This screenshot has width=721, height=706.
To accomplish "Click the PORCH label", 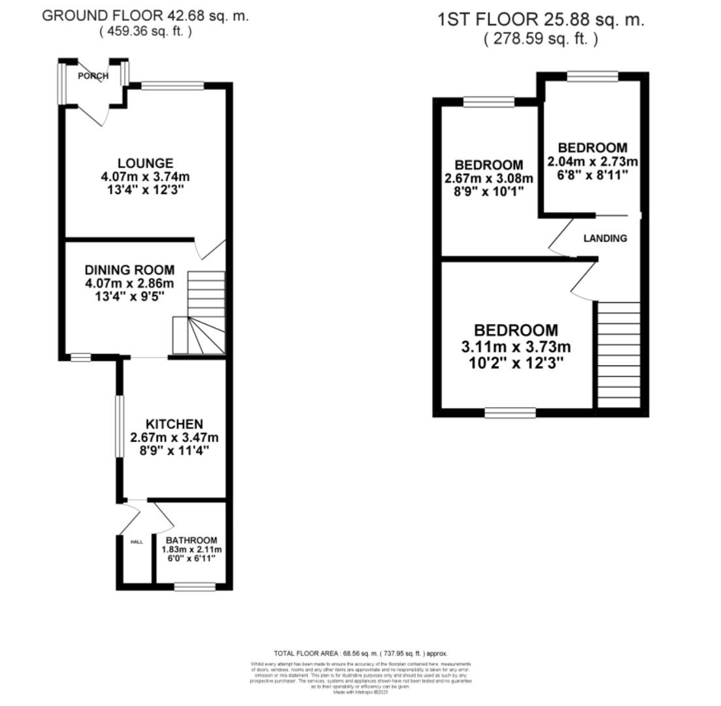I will [x=93, y=76].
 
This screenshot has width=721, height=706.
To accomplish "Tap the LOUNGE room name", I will [x=145, y=163].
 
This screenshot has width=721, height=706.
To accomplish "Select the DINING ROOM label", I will [x=129, y=270].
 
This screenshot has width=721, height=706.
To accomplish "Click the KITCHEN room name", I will [x=174, y=424].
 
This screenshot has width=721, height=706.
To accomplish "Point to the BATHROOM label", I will [x=191, y=541].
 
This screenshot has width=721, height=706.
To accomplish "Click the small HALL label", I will [x=137, y=542].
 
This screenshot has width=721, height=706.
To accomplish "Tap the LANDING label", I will [x=605, y=239].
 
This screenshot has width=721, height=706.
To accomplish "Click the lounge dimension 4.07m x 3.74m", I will [x=145, y=177].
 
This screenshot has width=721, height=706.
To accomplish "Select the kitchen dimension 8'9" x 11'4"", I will [x=174, y=451].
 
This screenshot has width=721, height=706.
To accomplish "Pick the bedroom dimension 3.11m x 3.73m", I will [x=516, y=347].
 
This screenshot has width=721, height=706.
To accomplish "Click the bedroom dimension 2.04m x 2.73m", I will [x=592, y=161].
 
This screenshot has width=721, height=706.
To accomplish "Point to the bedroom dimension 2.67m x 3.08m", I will [x=488, y=178].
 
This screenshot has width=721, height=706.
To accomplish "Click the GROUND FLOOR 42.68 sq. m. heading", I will [x=145, y=16].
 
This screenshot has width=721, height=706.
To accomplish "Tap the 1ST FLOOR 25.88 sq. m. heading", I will [x=541, y=20].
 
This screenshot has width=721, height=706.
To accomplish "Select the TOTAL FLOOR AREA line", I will [x=360, y=653].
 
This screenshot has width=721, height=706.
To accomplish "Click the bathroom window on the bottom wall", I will [x=195, y=587].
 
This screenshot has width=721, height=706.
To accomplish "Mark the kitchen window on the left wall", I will [x=120, y=426].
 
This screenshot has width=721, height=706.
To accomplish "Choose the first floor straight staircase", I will [x=618, y=354].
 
